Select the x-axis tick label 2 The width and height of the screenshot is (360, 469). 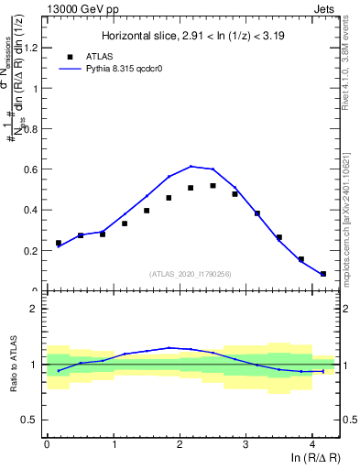point(180,446)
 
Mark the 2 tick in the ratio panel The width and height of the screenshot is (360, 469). point(37,309)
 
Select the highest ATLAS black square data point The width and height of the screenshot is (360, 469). point(213,186)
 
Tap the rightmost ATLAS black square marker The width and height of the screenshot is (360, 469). point(323,273)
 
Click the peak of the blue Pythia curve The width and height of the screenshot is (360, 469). point(191,166)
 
